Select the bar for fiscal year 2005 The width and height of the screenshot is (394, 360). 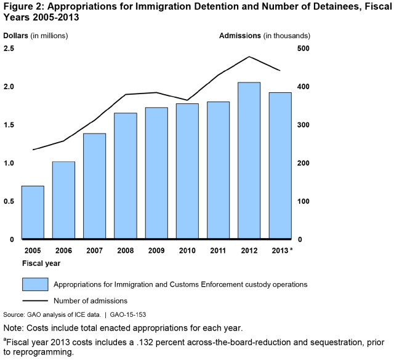tap(33, 212)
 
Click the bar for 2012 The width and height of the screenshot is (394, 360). tap(249, 160)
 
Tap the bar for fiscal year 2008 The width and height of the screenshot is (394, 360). tap(126, 175)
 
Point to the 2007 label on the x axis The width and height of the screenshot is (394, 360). tap(94, 250)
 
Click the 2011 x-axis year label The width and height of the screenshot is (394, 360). tap(218, 250)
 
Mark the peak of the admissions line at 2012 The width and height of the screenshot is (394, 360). tap(249, 57)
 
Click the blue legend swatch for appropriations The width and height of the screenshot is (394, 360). tap(34, 284)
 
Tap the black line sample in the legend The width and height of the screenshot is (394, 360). tap(34, 301)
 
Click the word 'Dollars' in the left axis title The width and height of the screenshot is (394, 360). tap(16, 35)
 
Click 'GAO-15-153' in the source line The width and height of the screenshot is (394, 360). tap(127, 314)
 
